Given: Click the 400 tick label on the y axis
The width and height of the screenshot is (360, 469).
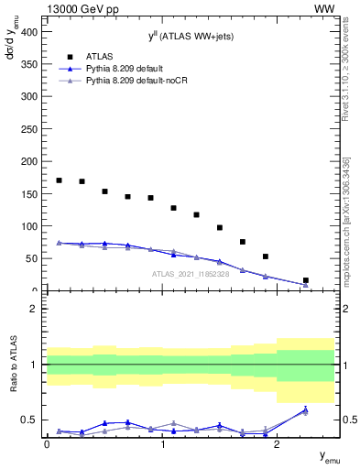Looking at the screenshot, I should click(x=30, y=31).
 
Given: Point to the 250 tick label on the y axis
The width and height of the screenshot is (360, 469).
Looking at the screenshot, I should click(x=30, y=129).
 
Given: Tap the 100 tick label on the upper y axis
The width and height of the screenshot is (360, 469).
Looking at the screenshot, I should click(x=30, y=226).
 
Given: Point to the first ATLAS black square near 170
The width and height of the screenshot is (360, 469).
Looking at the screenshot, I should click(x=59, y=180).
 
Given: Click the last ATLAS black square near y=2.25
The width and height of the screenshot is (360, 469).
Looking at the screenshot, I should click(x=305, y=280).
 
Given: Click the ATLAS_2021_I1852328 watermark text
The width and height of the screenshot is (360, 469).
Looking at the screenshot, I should click(x=190, y=274).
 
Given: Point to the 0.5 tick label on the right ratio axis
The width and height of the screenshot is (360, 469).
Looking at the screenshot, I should click(x=347, y=420).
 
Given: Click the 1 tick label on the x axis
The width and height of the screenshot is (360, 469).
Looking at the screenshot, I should click(x=162, y=443).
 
